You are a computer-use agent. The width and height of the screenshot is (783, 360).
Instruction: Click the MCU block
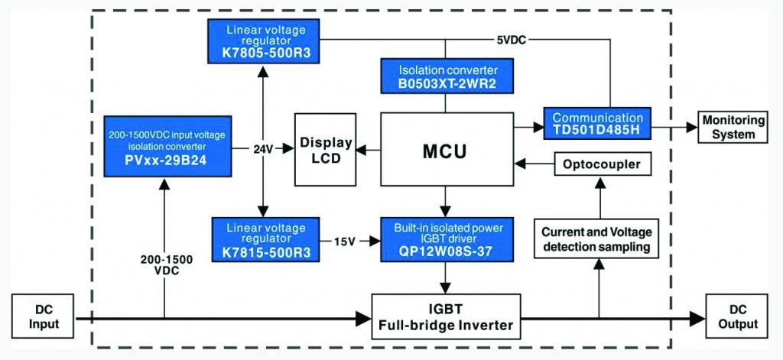447,149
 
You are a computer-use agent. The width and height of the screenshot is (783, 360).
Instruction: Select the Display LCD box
325,150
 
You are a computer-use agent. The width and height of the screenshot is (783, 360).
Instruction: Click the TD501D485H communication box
597,124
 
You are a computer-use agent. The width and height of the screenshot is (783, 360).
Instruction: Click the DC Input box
45,316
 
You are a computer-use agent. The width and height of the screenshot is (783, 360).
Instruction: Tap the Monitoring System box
733,127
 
